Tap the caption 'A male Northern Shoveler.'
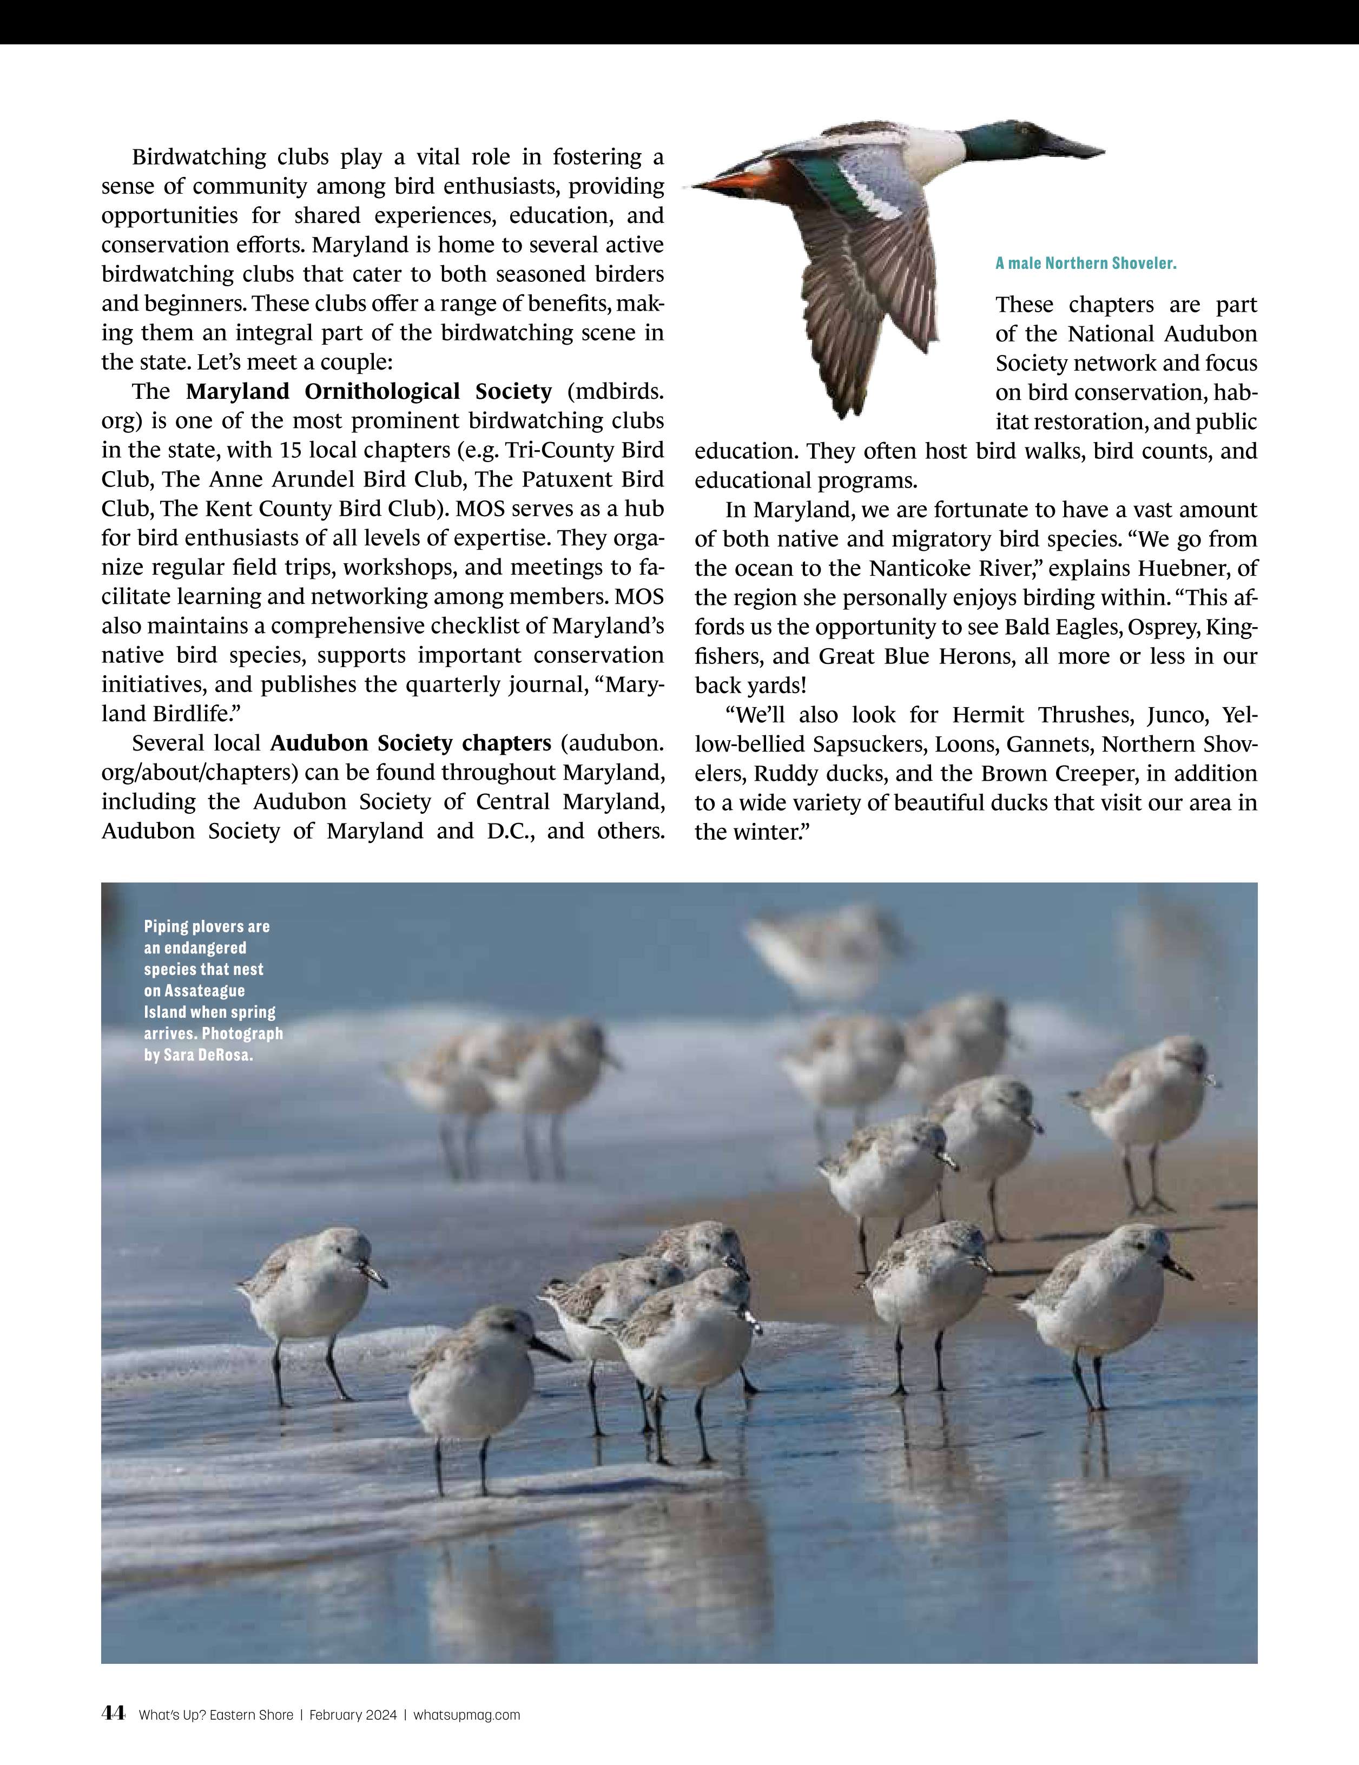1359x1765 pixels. [x=1086, y=264]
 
